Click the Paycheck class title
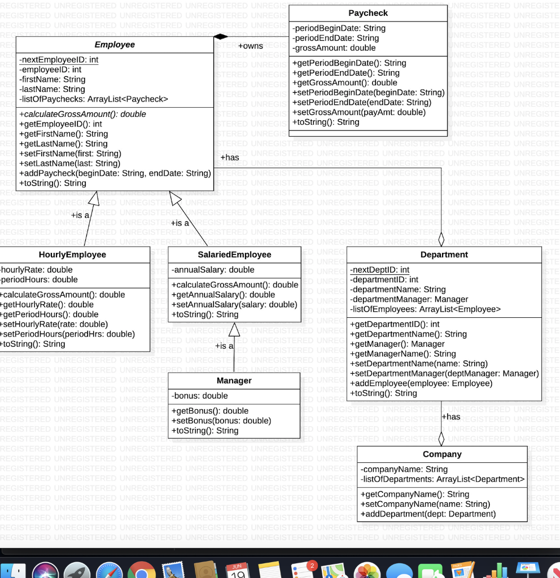368,13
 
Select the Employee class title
115,45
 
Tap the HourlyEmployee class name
72,255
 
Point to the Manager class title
234,380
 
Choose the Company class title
442,454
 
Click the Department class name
444,255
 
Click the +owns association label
250,46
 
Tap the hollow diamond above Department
441,239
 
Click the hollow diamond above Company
441,439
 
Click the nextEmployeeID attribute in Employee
59,60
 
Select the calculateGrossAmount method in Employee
82,114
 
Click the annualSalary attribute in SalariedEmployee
213,270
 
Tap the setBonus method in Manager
221,421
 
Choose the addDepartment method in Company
427,514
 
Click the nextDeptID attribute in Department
379,270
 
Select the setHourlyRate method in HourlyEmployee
54,324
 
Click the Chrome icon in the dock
142,571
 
